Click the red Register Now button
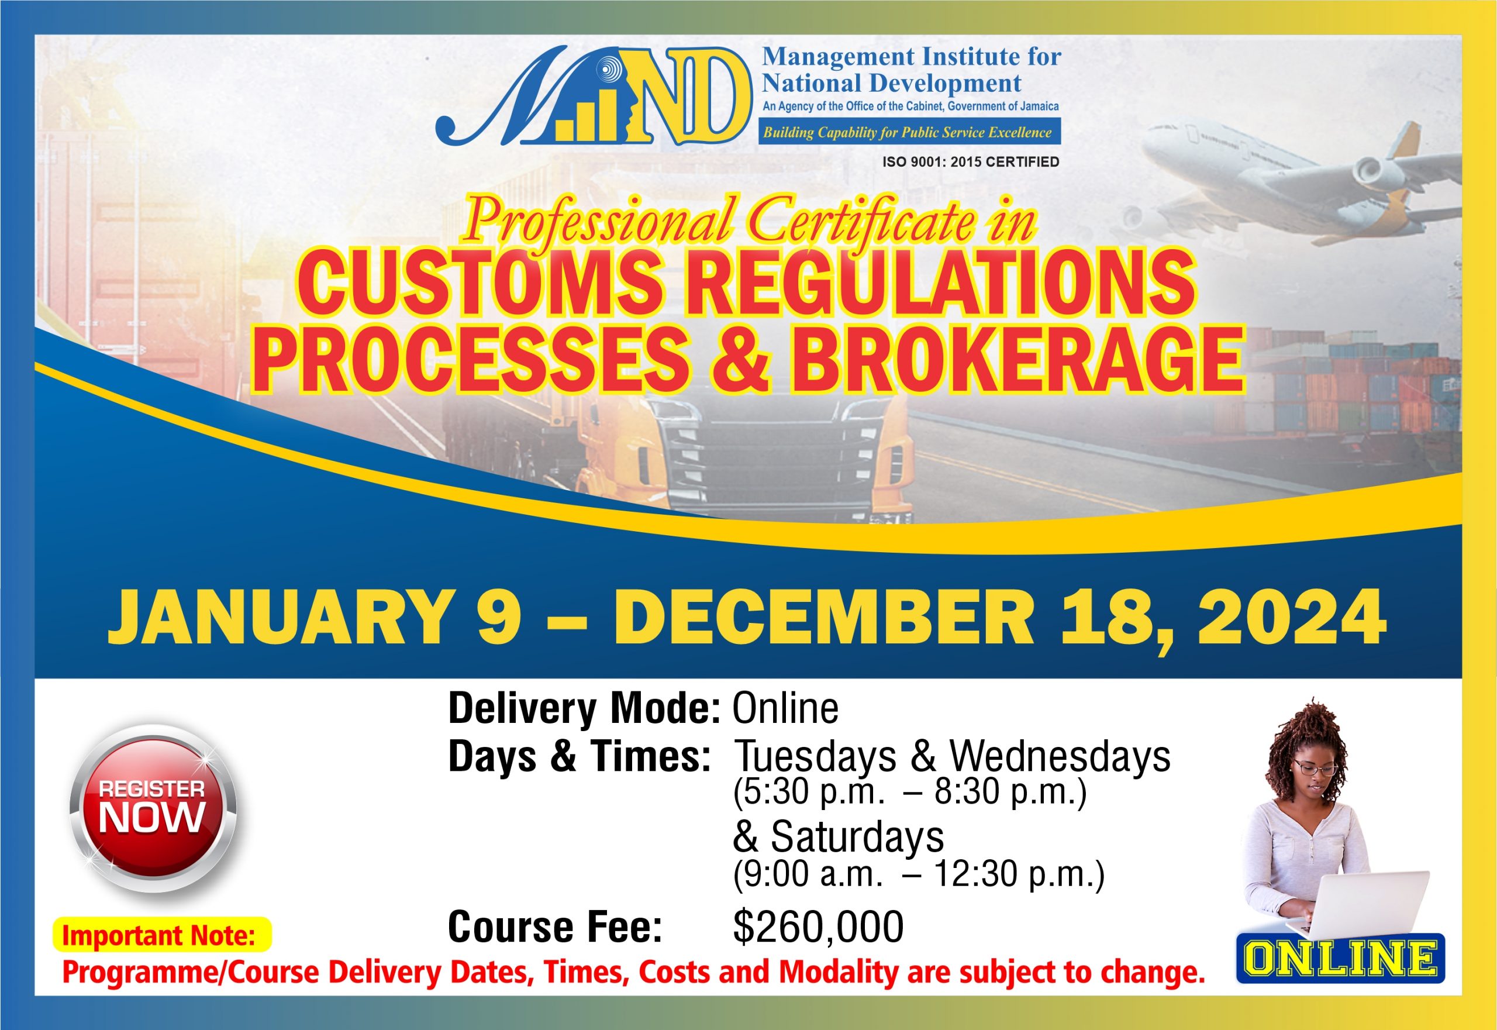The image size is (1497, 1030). click(x=153, y=808)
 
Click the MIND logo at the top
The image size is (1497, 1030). click(x=594, y=97)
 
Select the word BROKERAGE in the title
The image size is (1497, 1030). click(x=1017, y=359)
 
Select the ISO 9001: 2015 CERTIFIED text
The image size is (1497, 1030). click(x=971, y=162)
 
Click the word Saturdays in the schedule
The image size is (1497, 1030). click(x=857, y=837)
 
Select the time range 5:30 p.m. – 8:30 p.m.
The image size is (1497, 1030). click(x=910, y=792)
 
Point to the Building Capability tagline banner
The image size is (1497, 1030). click(x=909, y=132)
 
